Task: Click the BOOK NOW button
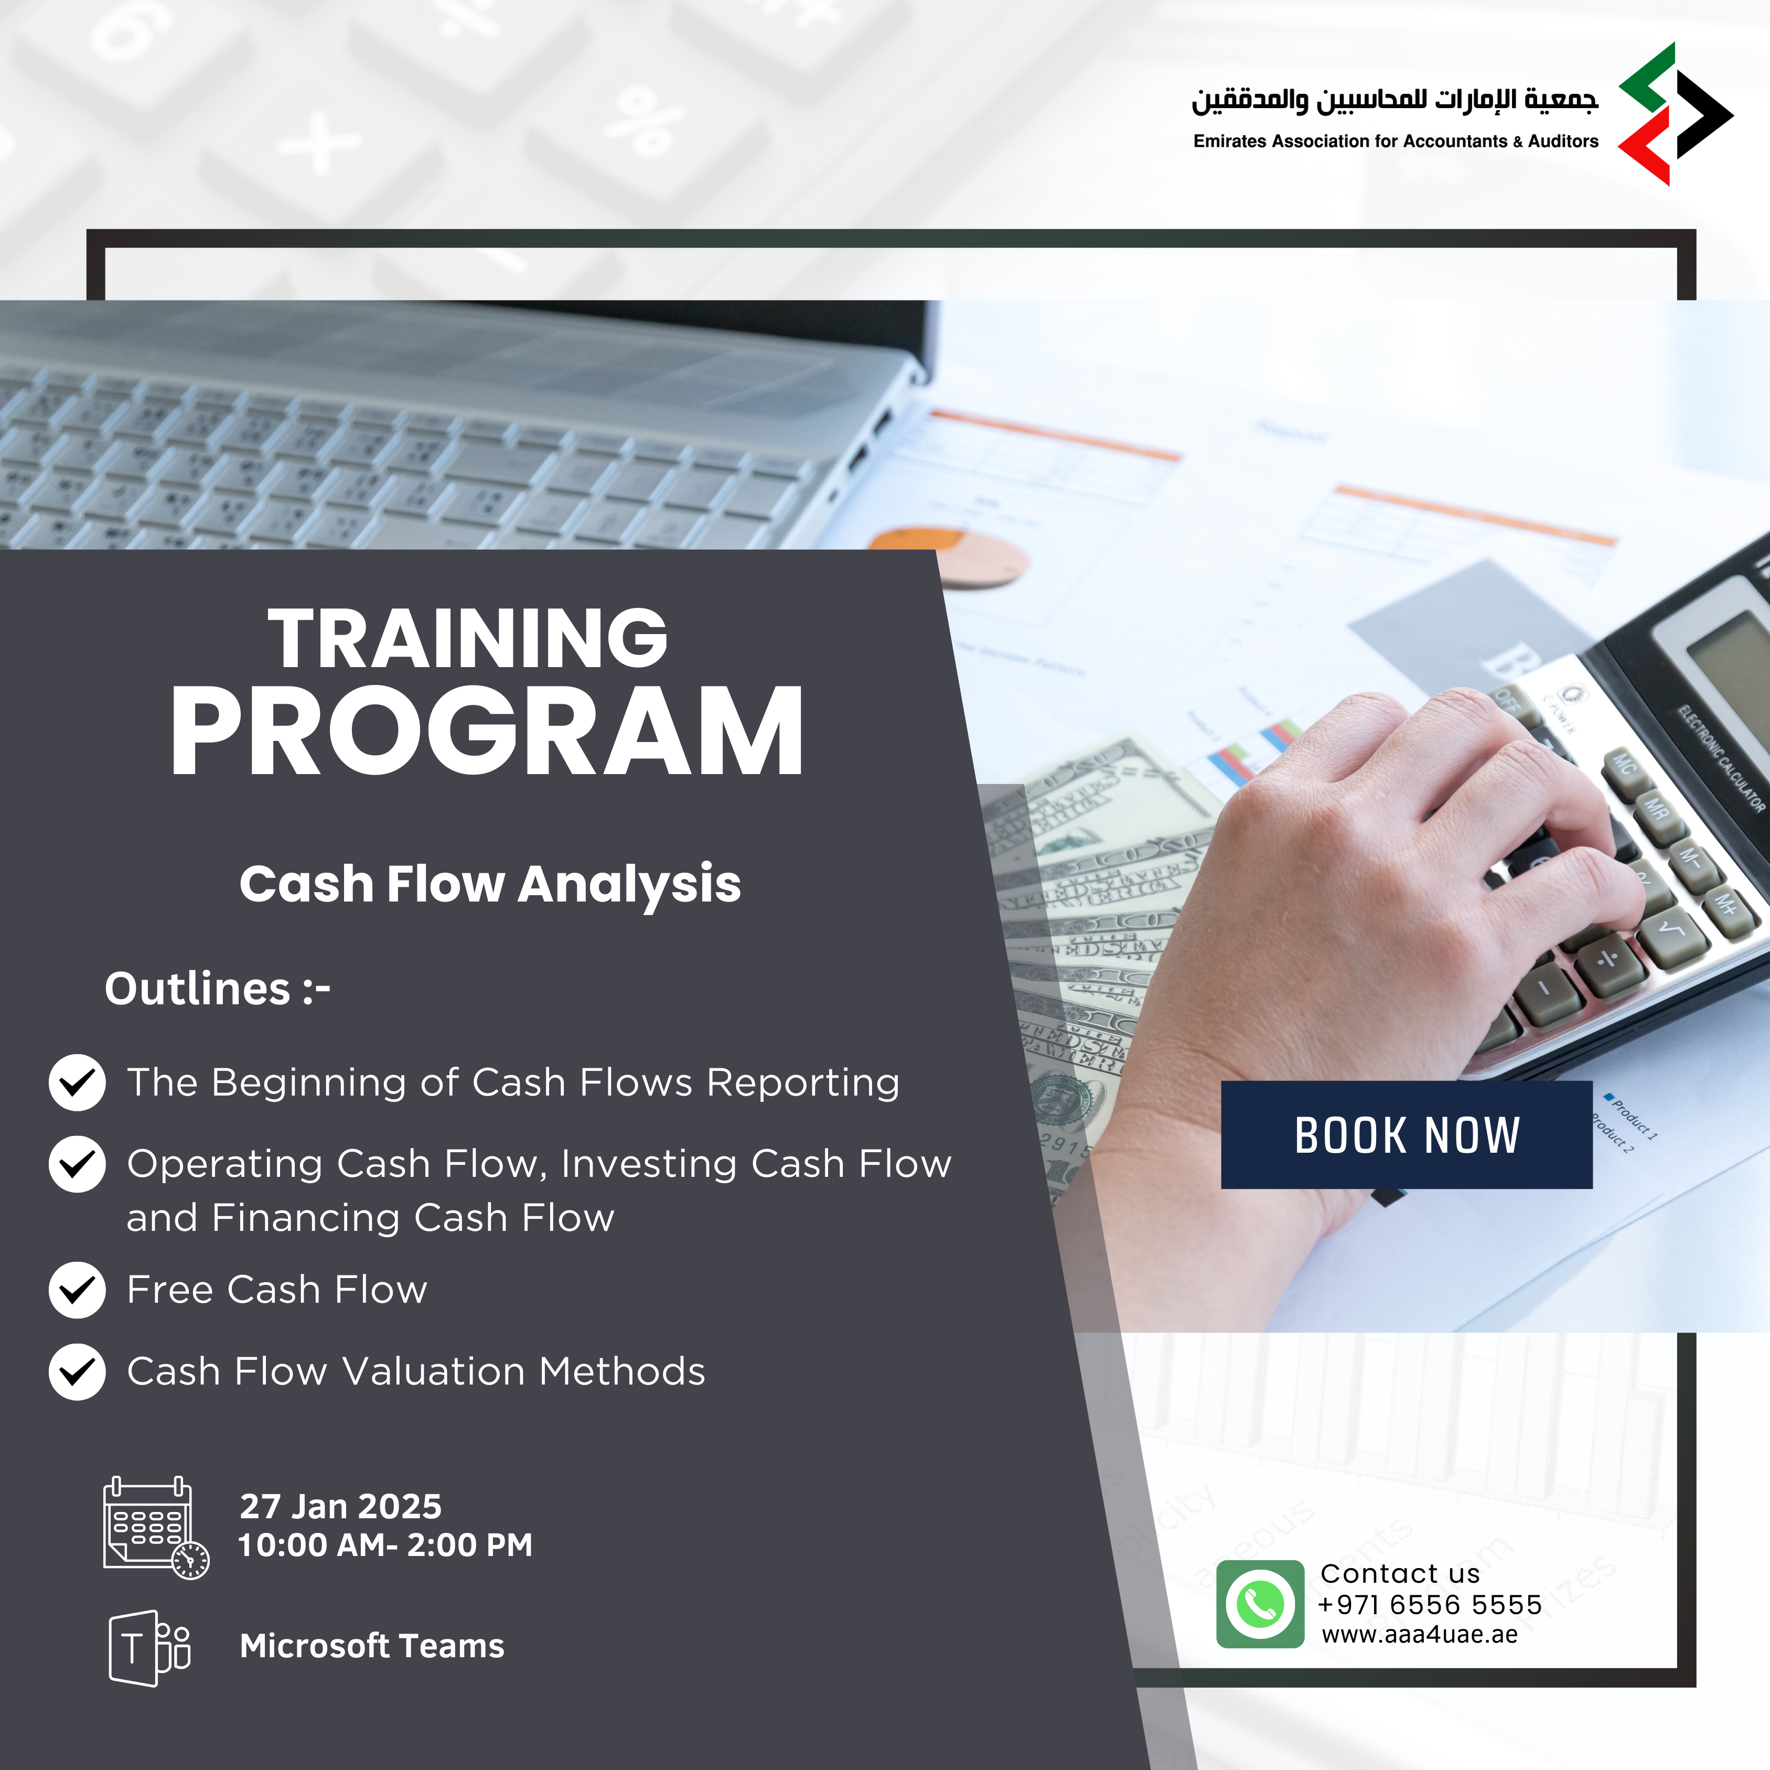1406,1134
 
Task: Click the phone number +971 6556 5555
1429,1604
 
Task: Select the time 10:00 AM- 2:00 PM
385,1544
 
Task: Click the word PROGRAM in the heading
487,732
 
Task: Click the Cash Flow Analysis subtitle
490,884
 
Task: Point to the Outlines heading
217,989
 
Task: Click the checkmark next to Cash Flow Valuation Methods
77,1371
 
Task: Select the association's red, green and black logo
1676,114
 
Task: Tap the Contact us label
1400,1573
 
